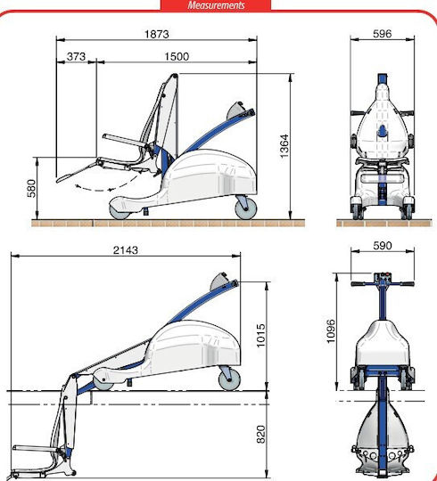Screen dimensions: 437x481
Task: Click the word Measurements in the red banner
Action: point(216,5)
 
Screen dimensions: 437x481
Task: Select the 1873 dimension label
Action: point(157,34)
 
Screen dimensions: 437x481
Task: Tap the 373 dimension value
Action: point(76,56)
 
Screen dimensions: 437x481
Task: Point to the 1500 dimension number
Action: point(177,56)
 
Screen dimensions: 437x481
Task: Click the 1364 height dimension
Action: point(284,146)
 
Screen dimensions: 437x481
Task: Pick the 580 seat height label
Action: point(31,188)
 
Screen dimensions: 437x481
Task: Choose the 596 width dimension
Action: point(383,34)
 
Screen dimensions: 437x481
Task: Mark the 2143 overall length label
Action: point(126,250)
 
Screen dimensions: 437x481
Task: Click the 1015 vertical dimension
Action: point(260,335)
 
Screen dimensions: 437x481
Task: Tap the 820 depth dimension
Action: point(260,434)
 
